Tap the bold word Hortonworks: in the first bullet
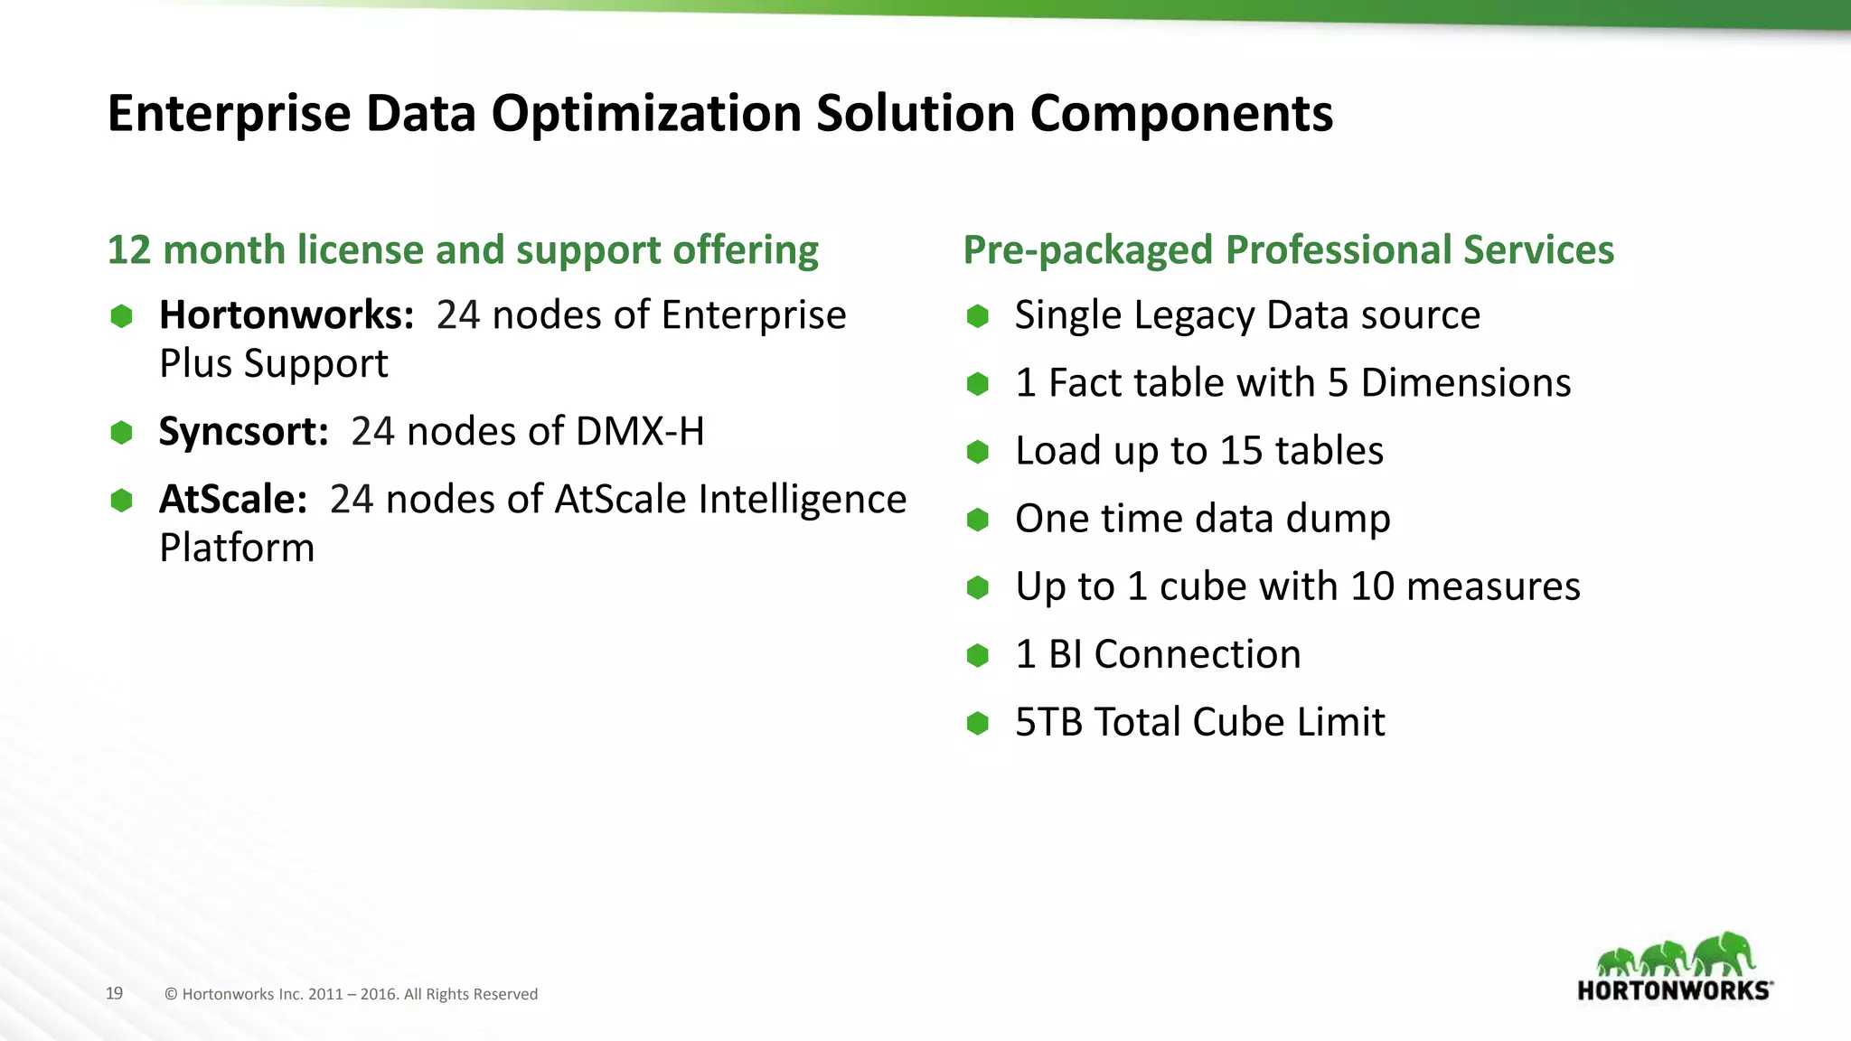click(286, 315)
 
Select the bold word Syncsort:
click(243, 432)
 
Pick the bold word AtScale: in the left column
click(233, 500)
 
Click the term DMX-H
click(639, 432)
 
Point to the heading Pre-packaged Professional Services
click(1288, 250)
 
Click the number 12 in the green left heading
click(128, 250)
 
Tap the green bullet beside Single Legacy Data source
click(977, 316)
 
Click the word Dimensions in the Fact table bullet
click(1465, 383)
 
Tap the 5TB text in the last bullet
click(1048, 722)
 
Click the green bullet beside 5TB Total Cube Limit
click(977, 723)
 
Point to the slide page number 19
click(114, 993)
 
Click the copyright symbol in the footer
click(171, 994)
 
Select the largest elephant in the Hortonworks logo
click(1724, 954)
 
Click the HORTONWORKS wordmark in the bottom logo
click(1674, 990)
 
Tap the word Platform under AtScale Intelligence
click(237, 549)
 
